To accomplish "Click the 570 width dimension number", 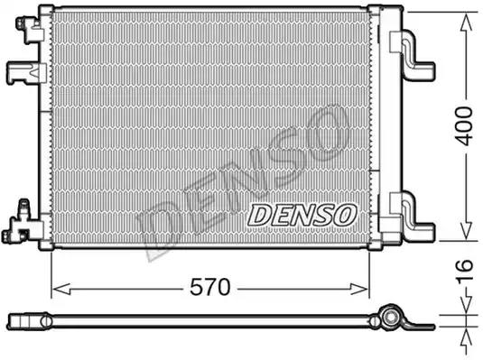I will point(212,288).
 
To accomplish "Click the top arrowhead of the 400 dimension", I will point(464,14).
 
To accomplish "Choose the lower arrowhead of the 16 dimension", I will point(464,328).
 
